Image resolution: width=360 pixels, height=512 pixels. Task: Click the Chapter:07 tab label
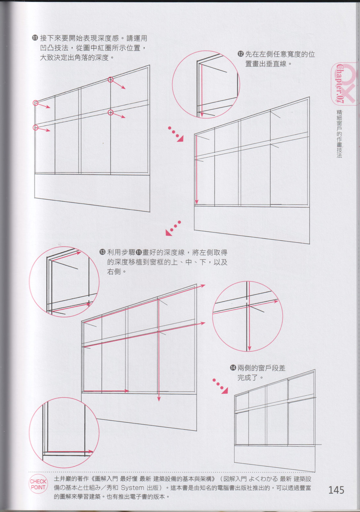click(x=340, y=84)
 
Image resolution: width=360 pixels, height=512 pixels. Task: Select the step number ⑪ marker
click(x=35, y=38)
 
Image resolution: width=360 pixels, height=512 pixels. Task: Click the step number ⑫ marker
click(x=241, y=54)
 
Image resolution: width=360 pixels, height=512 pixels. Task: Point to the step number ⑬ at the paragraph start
click(x=102, y=252)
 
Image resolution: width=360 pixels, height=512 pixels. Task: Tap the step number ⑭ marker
click(x=233, y=368)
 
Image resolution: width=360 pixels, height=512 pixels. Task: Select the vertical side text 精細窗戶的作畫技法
click(x=339, y=134)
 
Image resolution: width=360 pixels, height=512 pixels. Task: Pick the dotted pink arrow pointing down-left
click(x=173, y=228)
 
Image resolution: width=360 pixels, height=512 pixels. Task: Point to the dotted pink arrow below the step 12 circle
click(x=176, y=134)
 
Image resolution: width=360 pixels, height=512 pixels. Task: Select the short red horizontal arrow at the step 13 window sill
click(x=106, y=391)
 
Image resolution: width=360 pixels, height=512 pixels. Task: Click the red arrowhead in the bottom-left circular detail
click(x=91, y=452)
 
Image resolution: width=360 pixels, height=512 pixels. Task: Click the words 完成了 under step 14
click(x=248, y=378)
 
